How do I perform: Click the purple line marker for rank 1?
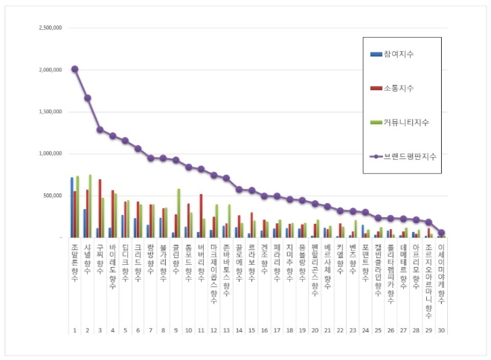pos(74,69)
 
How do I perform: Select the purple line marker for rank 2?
pos(88,97)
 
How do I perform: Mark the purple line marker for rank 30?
pos(441,233)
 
